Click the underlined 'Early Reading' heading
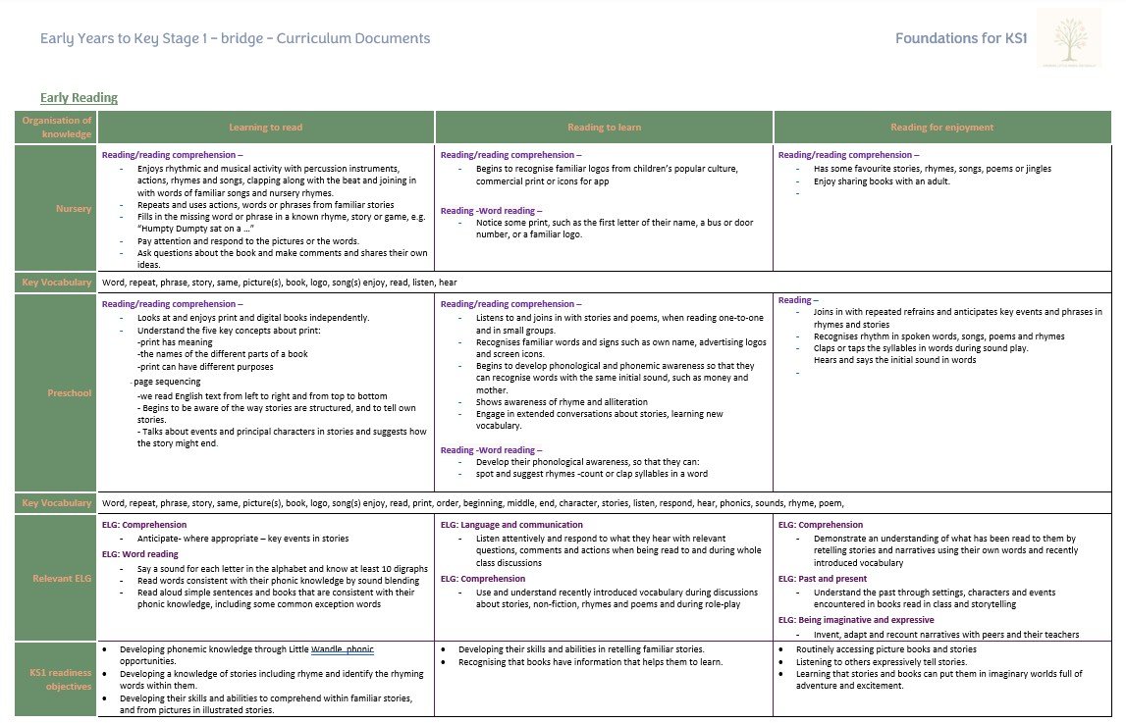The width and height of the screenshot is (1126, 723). [79, 98]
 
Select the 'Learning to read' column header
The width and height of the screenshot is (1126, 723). [265, 128]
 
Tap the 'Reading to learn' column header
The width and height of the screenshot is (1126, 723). [604, 128]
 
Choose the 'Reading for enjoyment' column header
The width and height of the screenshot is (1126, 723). [941, 128]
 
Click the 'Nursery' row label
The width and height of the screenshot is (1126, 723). [75, 208]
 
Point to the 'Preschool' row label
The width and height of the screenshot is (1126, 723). [70, 393]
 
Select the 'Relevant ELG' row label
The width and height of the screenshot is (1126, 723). [61, 579]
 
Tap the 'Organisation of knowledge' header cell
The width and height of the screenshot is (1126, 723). [57, 128]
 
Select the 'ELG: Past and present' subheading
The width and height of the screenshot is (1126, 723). [822, 579]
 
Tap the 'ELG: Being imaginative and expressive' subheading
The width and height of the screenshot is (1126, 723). [856, 620]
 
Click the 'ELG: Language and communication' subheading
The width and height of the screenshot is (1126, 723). [511, 525]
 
